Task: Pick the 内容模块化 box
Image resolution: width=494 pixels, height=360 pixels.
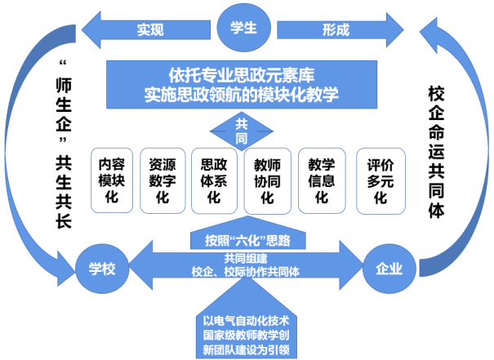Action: (111, 180)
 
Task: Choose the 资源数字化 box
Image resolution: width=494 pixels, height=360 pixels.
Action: (163, 180)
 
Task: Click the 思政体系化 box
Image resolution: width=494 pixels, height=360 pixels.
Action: (215, 180)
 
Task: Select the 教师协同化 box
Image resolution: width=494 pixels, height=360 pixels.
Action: (268, 180)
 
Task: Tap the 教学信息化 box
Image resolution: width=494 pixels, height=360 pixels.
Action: (322, 180)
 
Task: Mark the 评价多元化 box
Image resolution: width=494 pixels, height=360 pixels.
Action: (376, 180)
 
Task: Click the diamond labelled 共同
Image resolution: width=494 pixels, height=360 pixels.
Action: (243, 129)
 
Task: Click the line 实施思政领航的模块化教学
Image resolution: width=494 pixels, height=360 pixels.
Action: (244, 95)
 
